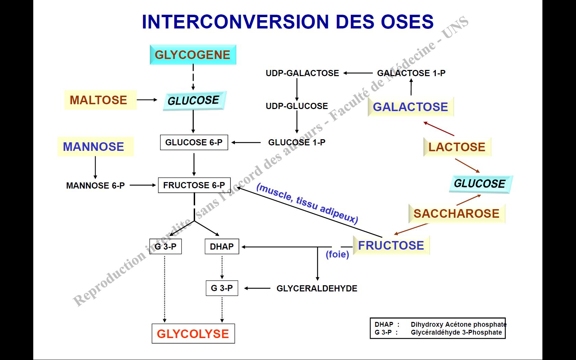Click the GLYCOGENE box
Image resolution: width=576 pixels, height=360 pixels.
coord(193,55)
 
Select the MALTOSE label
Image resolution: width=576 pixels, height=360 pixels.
coord(99,100)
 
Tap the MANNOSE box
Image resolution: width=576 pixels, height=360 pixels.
coord(94,147)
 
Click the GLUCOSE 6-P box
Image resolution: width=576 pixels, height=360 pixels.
coord(194,142)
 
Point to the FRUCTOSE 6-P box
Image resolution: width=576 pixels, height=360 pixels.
coord(194,185)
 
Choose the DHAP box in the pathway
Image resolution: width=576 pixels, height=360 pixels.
coord(221,247)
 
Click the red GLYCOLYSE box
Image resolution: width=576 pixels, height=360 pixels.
coord(193,334)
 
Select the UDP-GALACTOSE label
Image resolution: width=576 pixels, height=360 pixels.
coord(302,73)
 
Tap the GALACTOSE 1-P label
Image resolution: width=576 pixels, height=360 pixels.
coord(411,73)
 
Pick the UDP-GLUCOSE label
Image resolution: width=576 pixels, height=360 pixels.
coord(297,106)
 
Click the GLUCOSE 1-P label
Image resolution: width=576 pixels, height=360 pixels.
coord(297,142)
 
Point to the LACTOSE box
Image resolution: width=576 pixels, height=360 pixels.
coord(457,147)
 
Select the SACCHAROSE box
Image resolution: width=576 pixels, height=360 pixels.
coord(456,214)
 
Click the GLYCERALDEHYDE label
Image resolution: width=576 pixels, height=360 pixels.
coord(317,288)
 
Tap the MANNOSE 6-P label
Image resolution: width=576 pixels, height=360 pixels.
coord(95,185)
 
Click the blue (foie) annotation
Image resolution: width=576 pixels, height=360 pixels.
coord(337,254)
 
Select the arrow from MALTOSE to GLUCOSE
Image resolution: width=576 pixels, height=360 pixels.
coord(147,100)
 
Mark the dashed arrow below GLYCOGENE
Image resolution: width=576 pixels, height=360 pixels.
coord(193,77)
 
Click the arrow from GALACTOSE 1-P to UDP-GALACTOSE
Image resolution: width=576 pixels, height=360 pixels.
coord(358,73)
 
